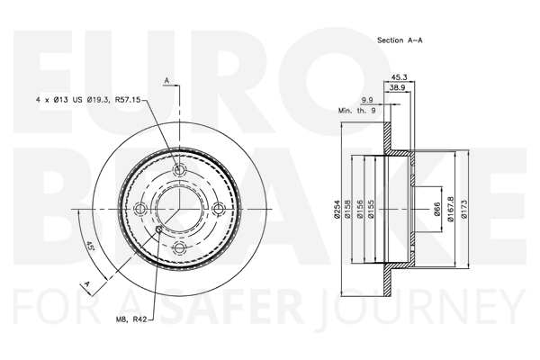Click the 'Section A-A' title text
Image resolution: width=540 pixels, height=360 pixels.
tap(400, 40)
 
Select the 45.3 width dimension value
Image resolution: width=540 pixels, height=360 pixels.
tap(400, 77)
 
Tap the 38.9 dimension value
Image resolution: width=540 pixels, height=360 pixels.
tap(397, 88)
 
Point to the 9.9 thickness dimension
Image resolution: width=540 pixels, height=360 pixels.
tap(367, 100)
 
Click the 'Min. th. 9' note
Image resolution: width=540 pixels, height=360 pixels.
tap(356, 111)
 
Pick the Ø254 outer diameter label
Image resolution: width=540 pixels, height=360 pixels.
tap(337, 209)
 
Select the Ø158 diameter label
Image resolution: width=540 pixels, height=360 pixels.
tap(347, 209)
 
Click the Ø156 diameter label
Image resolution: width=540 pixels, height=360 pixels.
tap(360, 209)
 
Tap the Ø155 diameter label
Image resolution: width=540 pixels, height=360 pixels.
tap(371, 209)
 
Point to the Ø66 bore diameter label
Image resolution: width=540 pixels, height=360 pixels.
tap(436, 209)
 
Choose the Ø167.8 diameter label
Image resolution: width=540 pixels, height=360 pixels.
tap(450, 209)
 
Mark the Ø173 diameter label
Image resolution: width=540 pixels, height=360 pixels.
tap(463, 209)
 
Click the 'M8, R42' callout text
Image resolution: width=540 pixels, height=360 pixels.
tap(130, 319)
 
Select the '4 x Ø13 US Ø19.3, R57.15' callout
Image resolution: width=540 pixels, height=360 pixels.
tap(88, 100)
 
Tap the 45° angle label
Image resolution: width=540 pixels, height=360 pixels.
tap(90, 246)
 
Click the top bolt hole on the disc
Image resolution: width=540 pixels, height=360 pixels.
tap(179, 170)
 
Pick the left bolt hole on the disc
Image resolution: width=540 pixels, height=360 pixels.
tap(140, 209)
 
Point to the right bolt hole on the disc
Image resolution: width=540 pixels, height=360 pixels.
tap(219, 209)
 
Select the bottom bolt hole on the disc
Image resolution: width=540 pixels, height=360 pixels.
tap(179, 247)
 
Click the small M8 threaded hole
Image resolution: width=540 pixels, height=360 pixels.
tap(158, 229)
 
